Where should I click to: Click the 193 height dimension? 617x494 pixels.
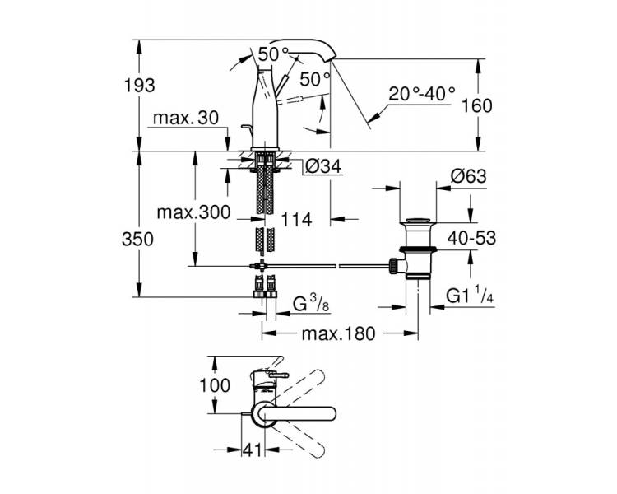[140, 85]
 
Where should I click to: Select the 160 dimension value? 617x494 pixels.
[476, 105]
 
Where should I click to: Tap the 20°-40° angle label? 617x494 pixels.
[422, 94]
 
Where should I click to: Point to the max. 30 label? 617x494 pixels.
[186, 118]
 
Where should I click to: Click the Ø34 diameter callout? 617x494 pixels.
[323, 166]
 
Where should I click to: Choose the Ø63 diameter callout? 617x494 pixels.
[469, 176]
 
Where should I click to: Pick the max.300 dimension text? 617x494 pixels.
[193, 212]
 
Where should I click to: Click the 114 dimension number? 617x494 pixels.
[296, 220]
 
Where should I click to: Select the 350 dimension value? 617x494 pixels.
[137, 239]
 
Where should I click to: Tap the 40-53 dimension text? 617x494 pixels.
[472, 238]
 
